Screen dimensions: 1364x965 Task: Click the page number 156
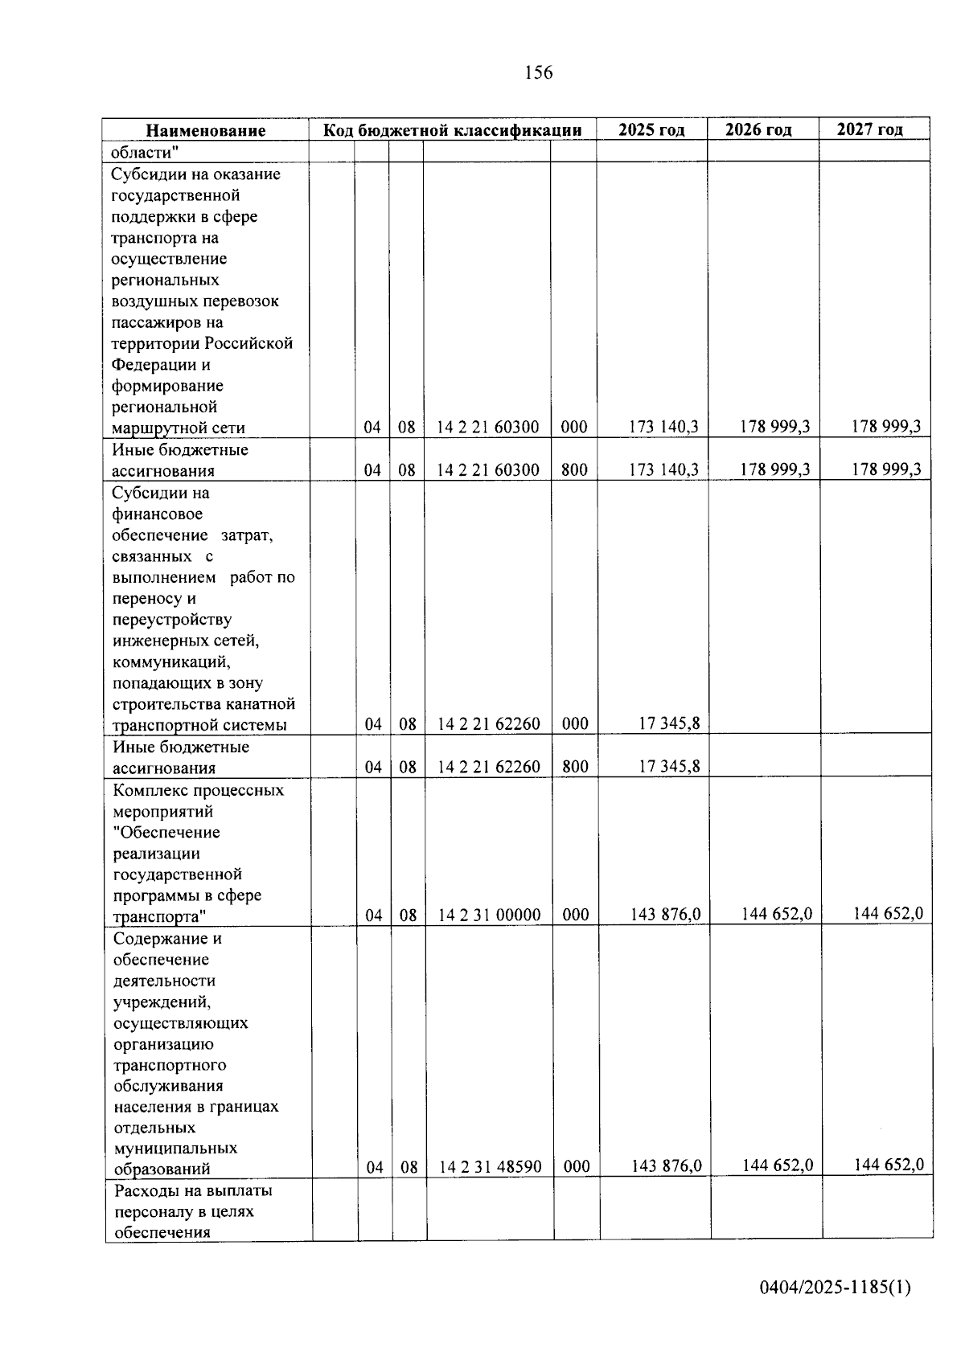[538, 73]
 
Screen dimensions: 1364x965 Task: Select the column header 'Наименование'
[205, 130]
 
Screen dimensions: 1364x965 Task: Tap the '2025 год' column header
[651, 129]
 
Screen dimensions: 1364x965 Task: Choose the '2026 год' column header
[758, 129]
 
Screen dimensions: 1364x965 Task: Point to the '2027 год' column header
[869, 129]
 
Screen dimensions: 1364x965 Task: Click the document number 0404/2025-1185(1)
[835, 1287]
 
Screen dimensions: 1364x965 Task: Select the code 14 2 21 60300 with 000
[487, 428]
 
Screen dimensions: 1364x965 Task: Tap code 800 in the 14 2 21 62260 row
[575, 767]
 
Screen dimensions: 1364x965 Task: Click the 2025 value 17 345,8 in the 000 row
[669, 723]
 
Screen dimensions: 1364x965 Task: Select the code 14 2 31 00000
[489, 915]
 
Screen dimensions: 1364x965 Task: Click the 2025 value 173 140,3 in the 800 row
[663, 469]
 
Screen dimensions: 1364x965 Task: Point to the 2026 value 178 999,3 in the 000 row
[774, 427]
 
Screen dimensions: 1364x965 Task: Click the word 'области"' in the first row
[145, 152]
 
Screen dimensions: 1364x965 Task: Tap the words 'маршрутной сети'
[178, 428]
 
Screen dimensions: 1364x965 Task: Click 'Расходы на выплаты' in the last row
[193, 1190]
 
